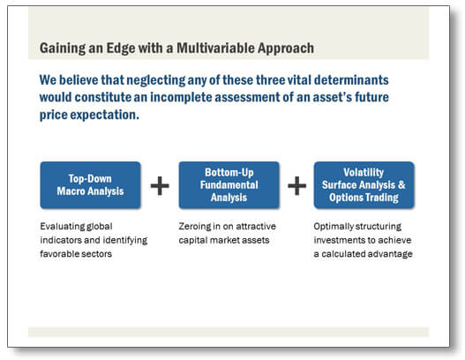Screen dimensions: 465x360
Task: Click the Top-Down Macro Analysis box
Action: click(x=91, y=185)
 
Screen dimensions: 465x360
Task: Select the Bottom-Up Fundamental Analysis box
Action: click(x=229, y=185)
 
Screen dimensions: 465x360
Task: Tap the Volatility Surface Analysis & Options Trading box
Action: click(x=364, y=185)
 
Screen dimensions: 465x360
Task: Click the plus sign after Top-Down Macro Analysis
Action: click(x=160, y=185)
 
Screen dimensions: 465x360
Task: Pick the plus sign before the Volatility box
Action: click(x=296, y=185)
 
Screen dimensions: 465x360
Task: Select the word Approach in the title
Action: click(x=286, y=49)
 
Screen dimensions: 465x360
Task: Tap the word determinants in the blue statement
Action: click(x=351, y=80)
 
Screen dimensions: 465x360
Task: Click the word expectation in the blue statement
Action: click(x=104, y=115)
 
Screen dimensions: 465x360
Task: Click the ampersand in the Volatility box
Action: click(x=401, y=184)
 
